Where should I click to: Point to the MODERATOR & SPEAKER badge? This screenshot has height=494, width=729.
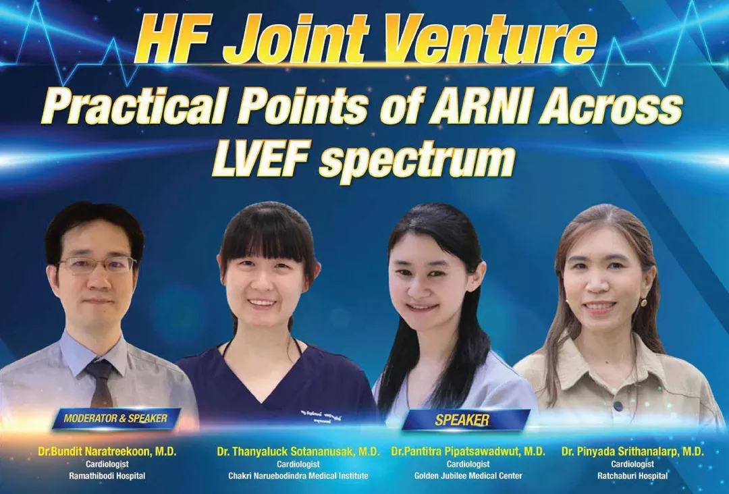(x=115, y=418)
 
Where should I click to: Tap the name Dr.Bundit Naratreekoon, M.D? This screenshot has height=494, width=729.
(x=107, y=451)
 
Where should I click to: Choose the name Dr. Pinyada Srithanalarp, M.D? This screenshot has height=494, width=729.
(x=632, y=451)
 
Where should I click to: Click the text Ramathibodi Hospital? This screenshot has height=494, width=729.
(x=107, y=476)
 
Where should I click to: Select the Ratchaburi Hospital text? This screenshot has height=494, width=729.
(x=632, y=476)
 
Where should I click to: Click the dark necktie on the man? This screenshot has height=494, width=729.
(x=101, y=381)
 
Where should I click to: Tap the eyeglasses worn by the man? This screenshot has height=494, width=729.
(x=97, y=265)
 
